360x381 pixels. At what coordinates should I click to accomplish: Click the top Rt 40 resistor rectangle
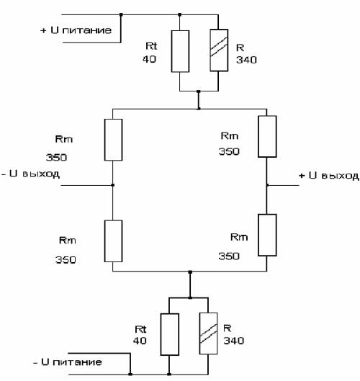[x=180, y=51]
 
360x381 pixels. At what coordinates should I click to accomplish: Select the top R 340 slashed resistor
[x=219, y=50]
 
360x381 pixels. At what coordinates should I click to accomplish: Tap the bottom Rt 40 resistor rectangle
[x=170, y=334]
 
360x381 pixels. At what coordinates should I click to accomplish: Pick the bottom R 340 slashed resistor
[x=208, y=333]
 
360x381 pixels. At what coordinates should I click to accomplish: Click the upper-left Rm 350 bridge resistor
[x=114, y=140]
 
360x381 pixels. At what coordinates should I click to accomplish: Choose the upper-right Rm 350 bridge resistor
[x=267, y=136]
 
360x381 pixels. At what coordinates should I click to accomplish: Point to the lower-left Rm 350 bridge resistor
[x=114, y=241]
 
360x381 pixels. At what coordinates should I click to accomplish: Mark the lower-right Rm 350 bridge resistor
[x=267, y=235]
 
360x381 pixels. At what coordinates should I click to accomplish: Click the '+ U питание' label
[x=76, y=30]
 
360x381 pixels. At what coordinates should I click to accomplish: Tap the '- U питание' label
[x=68, y=362]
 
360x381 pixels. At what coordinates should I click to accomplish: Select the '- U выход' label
[x=30, y=174]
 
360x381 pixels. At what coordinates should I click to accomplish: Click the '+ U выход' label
[x=328, y=176]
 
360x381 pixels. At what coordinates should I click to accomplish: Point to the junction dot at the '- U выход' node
[x=113, y=185]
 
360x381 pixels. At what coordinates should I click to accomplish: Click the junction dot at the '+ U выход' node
[x=267, y=185]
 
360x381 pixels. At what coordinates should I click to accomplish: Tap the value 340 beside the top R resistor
[x=246, y=60]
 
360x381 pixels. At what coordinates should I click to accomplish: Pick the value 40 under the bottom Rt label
[x=140, y=341]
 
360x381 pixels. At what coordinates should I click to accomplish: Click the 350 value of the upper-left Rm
[x=56, y=158]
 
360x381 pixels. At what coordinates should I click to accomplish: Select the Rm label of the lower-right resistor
[x=239, y=237]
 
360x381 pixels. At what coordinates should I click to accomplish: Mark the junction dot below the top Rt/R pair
[x=199, y=91]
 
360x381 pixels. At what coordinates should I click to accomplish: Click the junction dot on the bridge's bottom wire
[x=190, y=272]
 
